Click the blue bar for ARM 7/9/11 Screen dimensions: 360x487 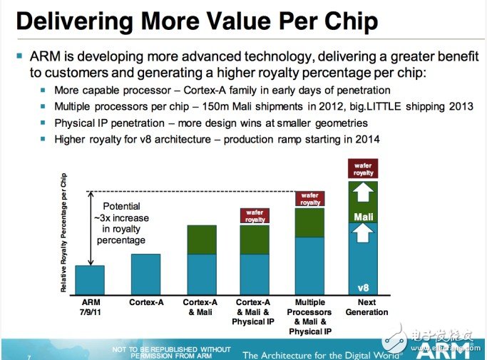click(90, 279)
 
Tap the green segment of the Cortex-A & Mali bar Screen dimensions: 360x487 click(202, 240)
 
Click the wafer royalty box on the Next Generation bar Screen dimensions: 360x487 click(363, 170)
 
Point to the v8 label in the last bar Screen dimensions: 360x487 click(363, 287)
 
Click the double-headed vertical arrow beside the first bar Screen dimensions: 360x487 click(91, 227)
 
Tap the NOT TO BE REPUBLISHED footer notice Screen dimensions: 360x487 click(172, 352)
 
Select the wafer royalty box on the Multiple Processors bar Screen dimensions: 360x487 click(309, 199)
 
